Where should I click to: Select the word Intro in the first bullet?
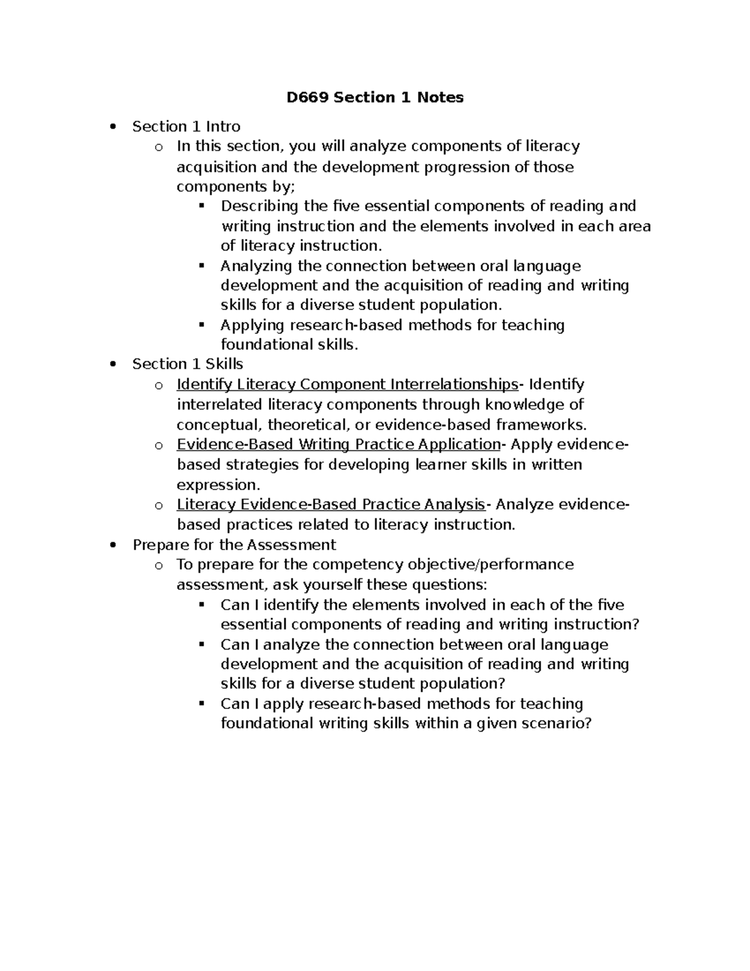click(223, 127)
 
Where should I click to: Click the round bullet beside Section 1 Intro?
click(112, 128)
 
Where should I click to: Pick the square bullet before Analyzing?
click(201, 266)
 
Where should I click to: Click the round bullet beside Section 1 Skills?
click(112, 365)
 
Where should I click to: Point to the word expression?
click(217, 485)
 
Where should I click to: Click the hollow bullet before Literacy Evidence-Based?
click(159, 506)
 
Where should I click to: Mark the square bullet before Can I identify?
click(201, 605)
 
